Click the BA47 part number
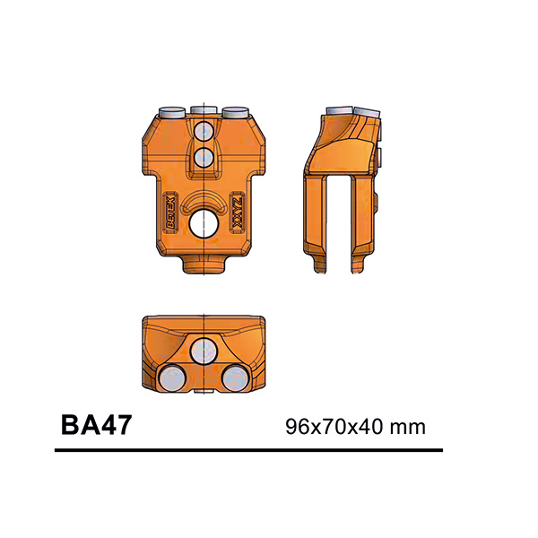pyautogui.click(x=96, y=423)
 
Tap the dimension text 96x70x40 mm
pyautogui.click(x=353, y=425)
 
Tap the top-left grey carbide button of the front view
pyautogui.click(x=171, y=111)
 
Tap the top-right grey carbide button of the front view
pyautogui.click(x=236, y=111)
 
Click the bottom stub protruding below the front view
pyautogui.click(x=205, y=265)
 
